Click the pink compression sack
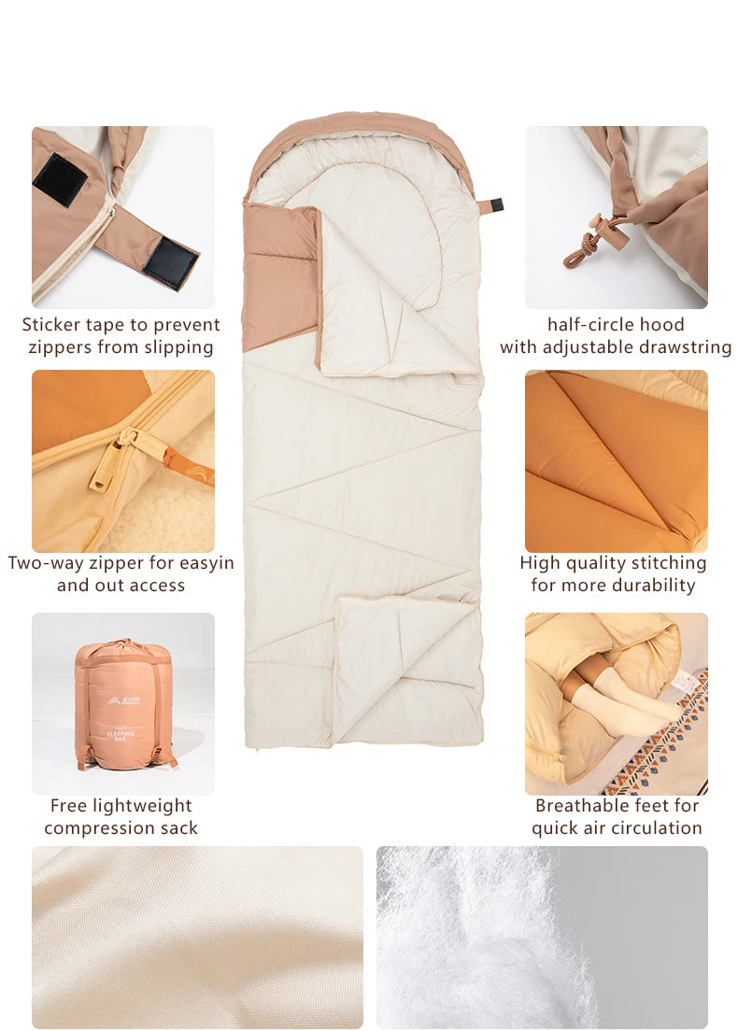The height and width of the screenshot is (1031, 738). coord(124,703)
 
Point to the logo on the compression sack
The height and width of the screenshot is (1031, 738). coord(123,701)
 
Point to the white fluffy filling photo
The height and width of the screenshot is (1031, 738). coord(542,937)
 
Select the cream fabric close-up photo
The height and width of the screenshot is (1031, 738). coord(197,937)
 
